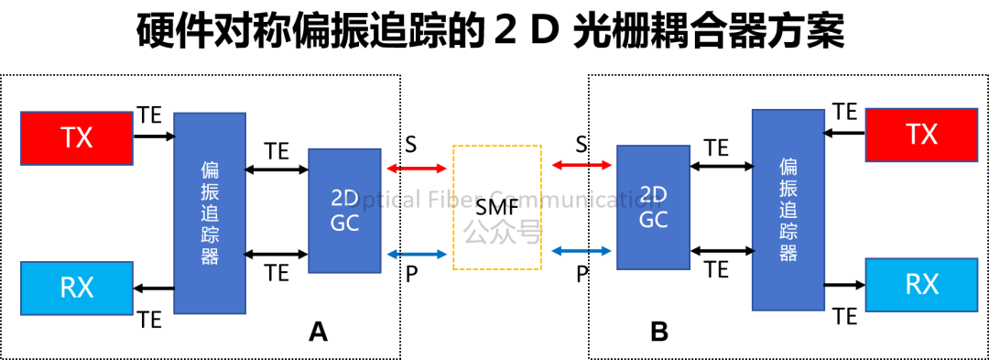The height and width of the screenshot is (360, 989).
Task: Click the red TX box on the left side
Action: pos(77,138)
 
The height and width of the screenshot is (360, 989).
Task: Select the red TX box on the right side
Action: pos(921,135)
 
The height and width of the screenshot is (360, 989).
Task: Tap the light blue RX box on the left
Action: pos(77,289)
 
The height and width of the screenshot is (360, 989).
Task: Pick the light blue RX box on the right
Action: pos(921,285)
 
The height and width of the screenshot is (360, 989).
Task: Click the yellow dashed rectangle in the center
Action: pos(497,207)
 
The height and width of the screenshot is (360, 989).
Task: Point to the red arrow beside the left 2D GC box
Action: pos(417,169)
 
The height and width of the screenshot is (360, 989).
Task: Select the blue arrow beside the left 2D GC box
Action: pos(417,254)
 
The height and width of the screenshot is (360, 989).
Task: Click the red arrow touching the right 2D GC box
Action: pos(581,165)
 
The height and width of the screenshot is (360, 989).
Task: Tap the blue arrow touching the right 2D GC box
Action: pos(581,250)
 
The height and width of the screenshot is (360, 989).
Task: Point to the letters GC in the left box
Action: pos(344,224)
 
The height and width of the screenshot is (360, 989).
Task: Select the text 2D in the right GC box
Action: pos(653,195)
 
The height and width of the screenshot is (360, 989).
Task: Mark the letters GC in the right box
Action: pos(653,220)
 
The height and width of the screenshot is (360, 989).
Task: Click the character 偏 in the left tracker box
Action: pos(210,170)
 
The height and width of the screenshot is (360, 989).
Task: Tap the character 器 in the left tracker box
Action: pos(210,256)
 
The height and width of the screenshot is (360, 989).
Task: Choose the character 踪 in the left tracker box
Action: pos(210,235)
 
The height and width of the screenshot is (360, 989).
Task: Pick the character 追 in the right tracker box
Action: pos(788,209)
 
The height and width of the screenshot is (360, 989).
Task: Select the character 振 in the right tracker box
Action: pos(788,188)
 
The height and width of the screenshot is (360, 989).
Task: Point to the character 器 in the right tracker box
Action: pos(788,253)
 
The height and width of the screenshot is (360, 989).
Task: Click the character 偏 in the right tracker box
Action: pos(788,167)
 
